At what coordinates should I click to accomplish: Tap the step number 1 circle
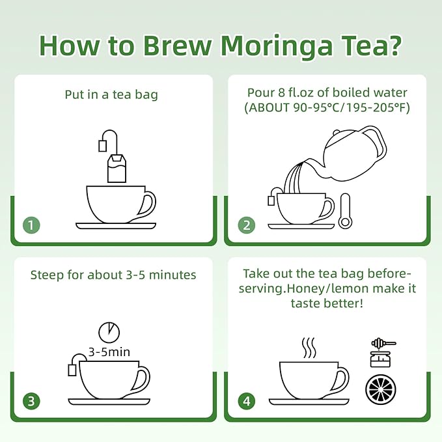point(31,225)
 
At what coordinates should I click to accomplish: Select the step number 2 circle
point(246,225)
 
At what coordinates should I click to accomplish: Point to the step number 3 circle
point(31,401)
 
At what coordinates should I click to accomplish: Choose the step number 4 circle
point(246,401)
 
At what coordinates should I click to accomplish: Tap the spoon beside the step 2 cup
point(344,212)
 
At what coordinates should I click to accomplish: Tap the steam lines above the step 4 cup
point(309,348)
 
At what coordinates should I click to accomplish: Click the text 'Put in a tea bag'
point(111,94)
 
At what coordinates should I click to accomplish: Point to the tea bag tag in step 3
point(72,370)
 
